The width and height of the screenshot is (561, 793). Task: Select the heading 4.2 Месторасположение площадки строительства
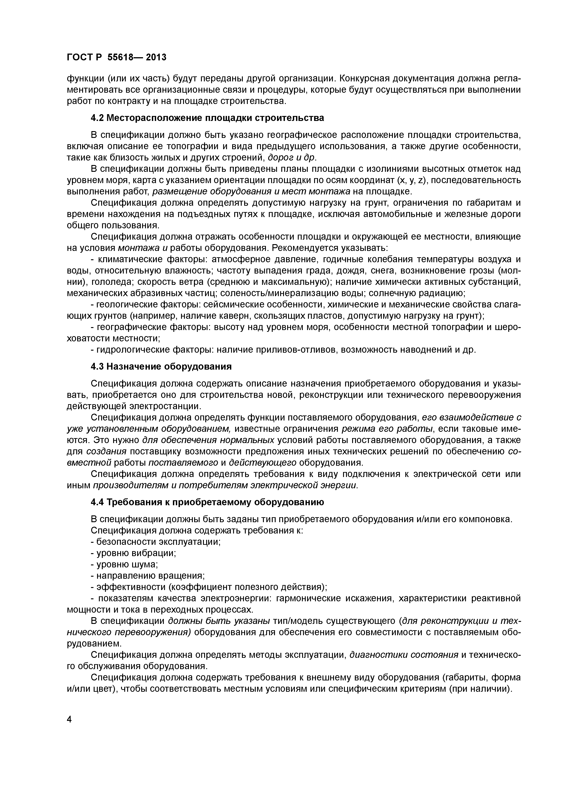(x=207, y=118)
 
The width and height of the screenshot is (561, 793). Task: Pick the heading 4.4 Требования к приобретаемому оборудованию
(x=207, y=502)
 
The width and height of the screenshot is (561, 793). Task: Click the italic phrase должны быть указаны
(x=219, y=621)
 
